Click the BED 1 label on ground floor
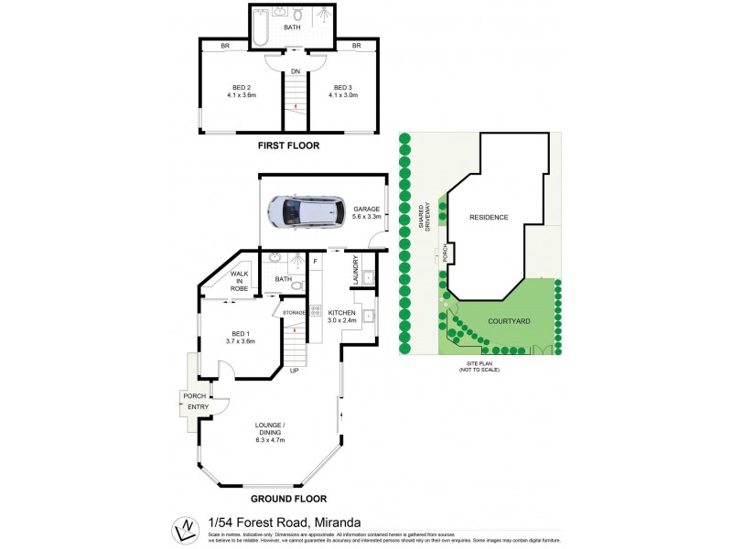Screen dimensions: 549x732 239,336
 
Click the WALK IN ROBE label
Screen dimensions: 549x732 239,281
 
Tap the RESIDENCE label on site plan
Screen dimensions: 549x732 488,217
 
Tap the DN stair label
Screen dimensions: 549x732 296,71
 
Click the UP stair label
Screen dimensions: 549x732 295,371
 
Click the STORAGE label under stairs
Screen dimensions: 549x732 295,313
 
